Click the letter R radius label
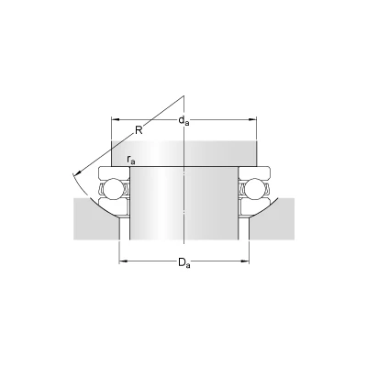139,130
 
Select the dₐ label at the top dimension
183,121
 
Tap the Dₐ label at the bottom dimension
184,262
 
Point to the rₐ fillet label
130,160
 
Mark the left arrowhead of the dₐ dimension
115,119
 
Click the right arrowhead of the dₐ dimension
252,119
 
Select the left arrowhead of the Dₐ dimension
123,261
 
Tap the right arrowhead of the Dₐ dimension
245,261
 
